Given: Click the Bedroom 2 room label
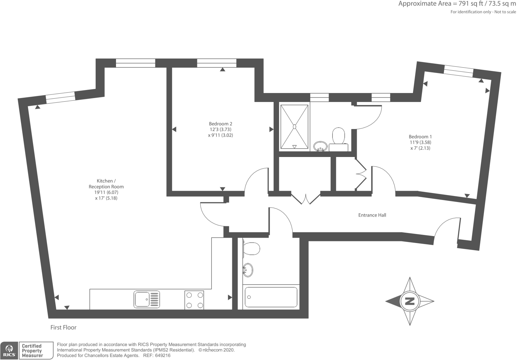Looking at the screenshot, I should click(220, 129).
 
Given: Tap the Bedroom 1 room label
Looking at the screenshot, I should click(420, 142).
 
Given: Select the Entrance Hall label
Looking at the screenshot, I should click(372, 215).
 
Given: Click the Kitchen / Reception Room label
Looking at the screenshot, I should click(106, 189).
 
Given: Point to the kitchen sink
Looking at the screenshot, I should click(147, 299).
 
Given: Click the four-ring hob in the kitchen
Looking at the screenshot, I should click(194, 300).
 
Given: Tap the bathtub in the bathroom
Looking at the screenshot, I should click(271, 297).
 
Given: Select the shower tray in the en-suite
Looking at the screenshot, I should click(294, 127).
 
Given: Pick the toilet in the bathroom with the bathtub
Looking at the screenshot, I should click(251, 249).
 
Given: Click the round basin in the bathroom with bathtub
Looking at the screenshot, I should click(248, 270).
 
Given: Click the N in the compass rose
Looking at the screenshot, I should click(410, 301).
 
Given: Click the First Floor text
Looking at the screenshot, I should click(63, 327).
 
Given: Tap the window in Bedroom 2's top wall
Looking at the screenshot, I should click(217, 63).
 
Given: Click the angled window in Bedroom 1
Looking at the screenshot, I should click(458, 71).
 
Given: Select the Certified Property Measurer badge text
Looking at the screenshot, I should click(32, 351).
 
